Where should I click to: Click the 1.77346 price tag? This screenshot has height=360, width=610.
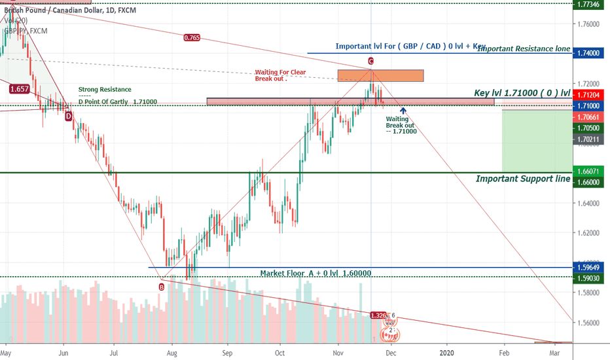(591, 5)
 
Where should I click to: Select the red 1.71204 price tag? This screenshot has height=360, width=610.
(591, 95)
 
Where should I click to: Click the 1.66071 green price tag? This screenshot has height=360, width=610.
(591, 171)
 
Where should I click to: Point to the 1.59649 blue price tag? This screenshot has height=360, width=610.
(591, 267)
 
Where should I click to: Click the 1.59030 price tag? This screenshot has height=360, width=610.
(591, 278)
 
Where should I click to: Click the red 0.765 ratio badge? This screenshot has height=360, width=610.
(192, 38)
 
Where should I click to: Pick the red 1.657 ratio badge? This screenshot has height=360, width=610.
(18, 88)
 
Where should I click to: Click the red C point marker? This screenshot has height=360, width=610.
(370, 61)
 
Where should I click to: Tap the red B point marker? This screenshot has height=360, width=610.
(162, 286)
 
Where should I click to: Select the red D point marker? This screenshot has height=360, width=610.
(68, 116)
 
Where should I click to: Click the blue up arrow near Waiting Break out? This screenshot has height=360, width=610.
(403, 111)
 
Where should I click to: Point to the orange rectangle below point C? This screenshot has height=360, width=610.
(380, 75)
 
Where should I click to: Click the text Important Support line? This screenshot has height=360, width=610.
(522, 179)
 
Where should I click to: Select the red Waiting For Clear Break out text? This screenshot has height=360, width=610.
(280, 75)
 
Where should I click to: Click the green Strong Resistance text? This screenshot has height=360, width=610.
(105, 89)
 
